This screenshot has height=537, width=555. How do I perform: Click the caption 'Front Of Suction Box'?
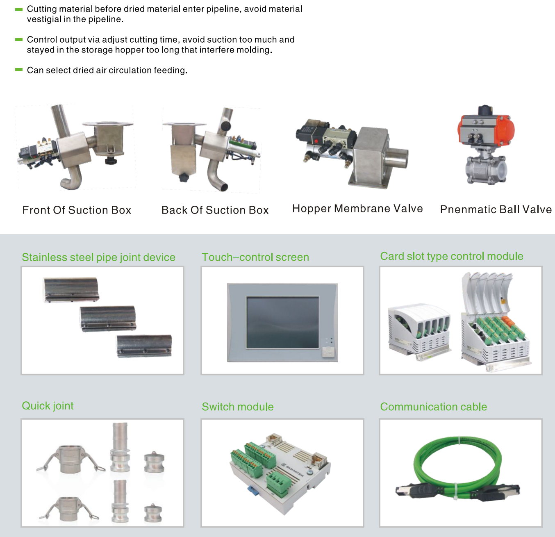point(77,210)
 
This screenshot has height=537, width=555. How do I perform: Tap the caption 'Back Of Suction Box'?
point(215,210)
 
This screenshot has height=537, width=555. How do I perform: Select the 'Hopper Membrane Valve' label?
point(358,209)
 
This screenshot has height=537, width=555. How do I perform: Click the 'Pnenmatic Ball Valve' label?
point(496,209)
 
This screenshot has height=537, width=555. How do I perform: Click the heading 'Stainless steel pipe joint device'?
point(99,257)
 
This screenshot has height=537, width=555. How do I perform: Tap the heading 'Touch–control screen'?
point(255,257)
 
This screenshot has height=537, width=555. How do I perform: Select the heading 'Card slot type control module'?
point(452,256)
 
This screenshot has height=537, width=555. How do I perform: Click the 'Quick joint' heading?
point(48,406)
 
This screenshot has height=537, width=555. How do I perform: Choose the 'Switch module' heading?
point(238,407)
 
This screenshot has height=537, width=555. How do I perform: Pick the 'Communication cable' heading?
point(434,407)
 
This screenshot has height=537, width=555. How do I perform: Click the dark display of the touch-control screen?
point(283,322)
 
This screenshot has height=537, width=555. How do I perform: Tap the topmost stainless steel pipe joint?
point(71,289)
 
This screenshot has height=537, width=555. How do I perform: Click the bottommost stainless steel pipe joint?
point(144,346)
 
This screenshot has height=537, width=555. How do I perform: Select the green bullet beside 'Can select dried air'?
point(19,70)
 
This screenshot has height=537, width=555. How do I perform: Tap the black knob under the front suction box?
point(111,161)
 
